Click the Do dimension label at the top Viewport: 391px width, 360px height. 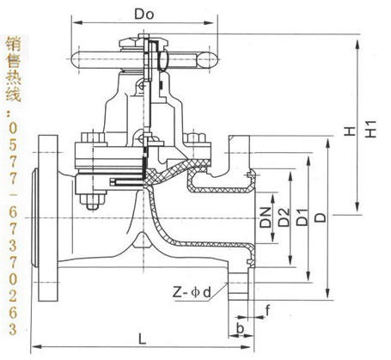click(x=144, y=15)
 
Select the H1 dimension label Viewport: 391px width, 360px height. click(x=370, y=129)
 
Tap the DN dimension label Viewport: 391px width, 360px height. click(x=266, y=217)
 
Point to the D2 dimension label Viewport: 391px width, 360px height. click(x=284, y=217)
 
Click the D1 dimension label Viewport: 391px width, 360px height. click(x=302, y=217)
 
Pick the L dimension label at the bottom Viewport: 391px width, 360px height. click(x=143, y=339)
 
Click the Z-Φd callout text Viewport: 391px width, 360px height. click(x=192, y=293)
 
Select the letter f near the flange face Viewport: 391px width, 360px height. click(x=267, y=310)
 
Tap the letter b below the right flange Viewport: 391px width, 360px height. click(x=240, y=328)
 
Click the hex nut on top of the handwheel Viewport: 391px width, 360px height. click(x=129, y=43)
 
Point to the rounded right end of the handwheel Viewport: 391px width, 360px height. click(x=208, y=60)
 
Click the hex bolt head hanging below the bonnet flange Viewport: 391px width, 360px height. click(x=93, y=202)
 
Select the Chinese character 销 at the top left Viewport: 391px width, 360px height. click(x=13, y=45)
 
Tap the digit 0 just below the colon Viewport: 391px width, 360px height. click(x=13, y=128)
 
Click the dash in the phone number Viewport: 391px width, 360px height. click(x=14, y=195)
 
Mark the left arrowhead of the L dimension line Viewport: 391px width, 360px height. click(x=36, y=347)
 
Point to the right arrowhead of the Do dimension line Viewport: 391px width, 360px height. click(x=209, y=23)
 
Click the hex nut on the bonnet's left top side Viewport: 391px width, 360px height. click(x=93, y=137)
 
